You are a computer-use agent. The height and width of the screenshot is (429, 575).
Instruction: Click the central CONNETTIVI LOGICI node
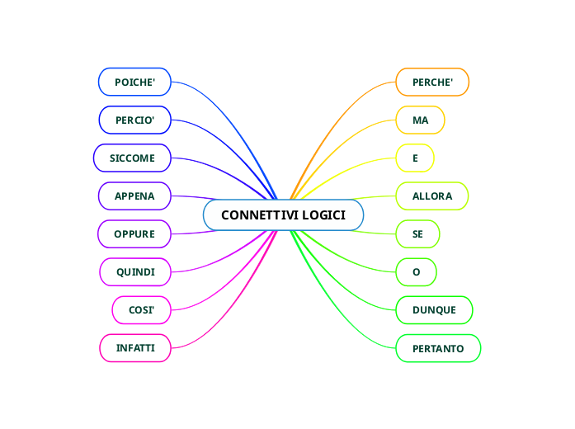[283, 215]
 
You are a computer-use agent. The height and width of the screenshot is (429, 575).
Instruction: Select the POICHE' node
[134, 82]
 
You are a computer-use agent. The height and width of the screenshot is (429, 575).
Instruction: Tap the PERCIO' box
[134, 120]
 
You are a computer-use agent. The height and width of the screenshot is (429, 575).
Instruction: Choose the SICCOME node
[132, 157]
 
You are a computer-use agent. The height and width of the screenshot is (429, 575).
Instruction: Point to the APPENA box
[134, 196]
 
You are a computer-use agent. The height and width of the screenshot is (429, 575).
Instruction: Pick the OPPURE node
[134, 233]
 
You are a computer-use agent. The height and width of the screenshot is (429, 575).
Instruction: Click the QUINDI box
[135, 271]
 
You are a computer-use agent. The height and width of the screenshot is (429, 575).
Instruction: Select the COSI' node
[141, 309]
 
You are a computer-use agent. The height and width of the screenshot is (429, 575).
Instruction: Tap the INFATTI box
[135, 348]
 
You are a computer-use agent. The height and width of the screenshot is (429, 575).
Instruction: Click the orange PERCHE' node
[432, 82]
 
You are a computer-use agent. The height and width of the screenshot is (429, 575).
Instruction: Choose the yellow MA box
[420, 120]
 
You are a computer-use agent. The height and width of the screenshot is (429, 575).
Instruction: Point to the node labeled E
[415, 157]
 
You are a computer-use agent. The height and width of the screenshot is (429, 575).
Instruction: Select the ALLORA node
[432, 196]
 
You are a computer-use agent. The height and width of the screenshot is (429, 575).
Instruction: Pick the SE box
[417, 233]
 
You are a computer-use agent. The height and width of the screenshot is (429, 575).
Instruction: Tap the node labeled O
[416, 271]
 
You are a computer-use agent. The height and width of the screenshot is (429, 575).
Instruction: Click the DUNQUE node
[434, 309]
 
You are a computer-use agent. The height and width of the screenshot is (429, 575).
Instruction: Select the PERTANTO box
[437, 348]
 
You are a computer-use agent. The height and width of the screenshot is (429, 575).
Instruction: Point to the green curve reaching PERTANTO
[346, 321]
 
